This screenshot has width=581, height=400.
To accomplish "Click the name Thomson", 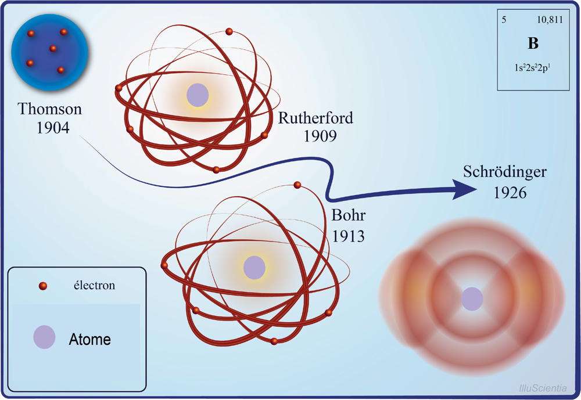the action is [x=49, y=109].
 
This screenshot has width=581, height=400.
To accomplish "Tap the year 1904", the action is [x=53, y=128].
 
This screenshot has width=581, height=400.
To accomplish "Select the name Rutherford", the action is [x=315, y=118].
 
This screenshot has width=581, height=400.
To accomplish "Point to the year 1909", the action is [x=320, y=136].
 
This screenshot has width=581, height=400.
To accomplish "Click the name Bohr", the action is [x=348, y=215].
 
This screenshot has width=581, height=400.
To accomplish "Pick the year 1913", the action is [x=348, y=236].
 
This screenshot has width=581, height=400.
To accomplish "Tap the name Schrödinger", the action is [x=505, y=172].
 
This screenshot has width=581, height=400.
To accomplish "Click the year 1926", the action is [x=510, y=193].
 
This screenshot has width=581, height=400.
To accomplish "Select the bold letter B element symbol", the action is [x=533, y=44].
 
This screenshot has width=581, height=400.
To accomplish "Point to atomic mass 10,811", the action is [x=550, y=20].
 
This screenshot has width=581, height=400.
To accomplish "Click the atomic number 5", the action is [x=504, y=20].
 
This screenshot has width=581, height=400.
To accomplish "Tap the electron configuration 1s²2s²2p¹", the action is [x=532, y=68].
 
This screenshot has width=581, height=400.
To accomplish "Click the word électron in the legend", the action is [x=94, y=286].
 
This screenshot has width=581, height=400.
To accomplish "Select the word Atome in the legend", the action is [x=89, y=339].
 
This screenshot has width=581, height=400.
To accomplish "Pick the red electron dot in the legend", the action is [x=43, y=286].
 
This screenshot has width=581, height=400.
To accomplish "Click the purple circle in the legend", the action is [x=45, y=337].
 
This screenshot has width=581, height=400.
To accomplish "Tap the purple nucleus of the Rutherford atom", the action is [x=198, y=95].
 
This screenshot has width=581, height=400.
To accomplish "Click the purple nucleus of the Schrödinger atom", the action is [x=472, y=299].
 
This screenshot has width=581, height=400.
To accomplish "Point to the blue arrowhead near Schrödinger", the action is [x=464, y=190].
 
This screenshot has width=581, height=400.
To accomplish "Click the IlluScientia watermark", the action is [x=543, y=388].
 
